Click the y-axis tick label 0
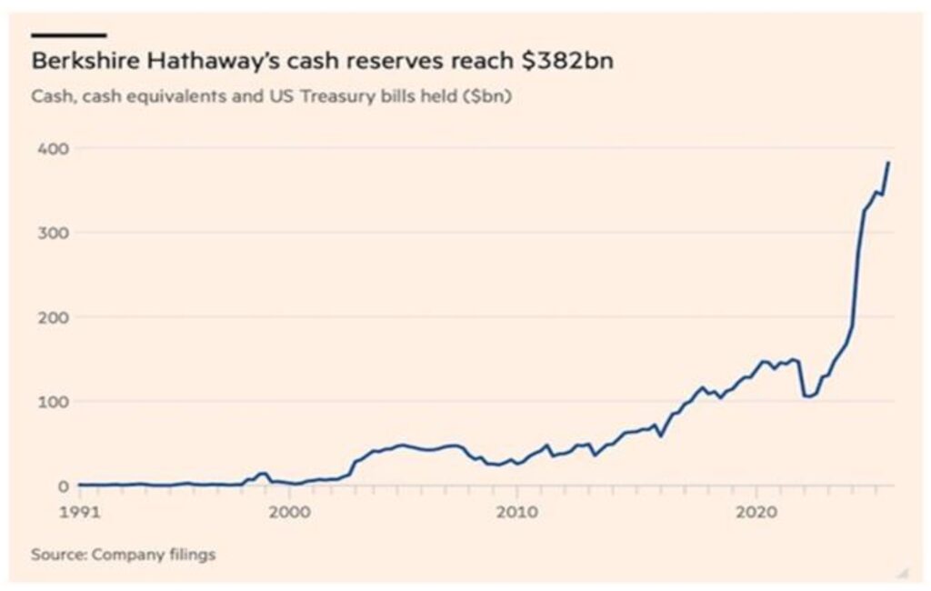52,486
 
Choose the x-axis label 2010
517,511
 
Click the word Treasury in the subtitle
336,95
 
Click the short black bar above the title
69,35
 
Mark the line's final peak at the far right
888,163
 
